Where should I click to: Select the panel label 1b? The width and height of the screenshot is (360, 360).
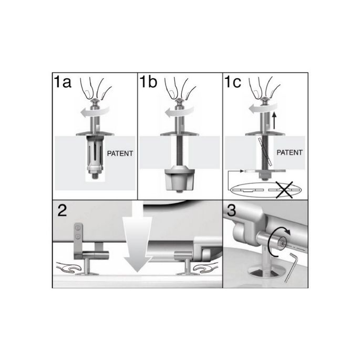point(149,83)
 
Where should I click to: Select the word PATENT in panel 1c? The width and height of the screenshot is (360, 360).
point(289,153)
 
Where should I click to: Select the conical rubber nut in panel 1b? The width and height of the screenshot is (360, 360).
point(180,179)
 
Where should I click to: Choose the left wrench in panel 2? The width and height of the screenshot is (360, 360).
point(69,268)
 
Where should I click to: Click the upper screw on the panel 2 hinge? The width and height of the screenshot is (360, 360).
point(78,228)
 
